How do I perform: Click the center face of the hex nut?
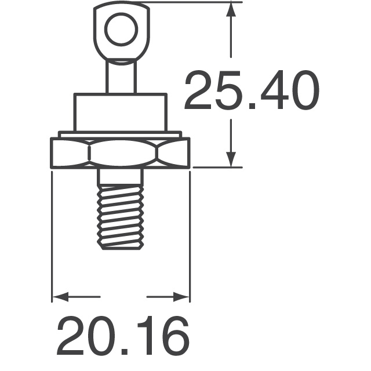[121, 154]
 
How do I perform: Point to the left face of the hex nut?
[70, 154]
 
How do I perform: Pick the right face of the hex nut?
[173, 154]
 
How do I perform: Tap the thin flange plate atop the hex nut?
[121, 134]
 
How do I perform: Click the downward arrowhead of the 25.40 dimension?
[232, 159]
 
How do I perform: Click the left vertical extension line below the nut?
[52, 232]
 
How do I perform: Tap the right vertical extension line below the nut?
[190, 232]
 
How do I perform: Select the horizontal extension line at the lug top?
[191, 2]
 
